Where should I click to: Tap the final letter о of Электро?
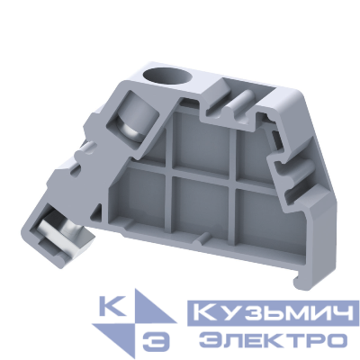[x=337, y=339]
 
